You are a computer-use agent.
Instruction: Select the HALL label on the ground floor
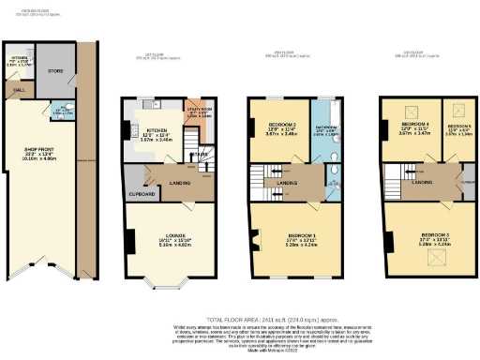point(19,91)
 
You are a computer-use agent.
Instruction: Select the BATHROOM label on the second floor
point(327,127)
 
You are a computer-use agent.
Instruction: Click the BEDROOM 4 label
point(415,125)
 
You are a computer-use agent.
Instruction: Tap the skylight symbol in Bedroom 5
point(457,109)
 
